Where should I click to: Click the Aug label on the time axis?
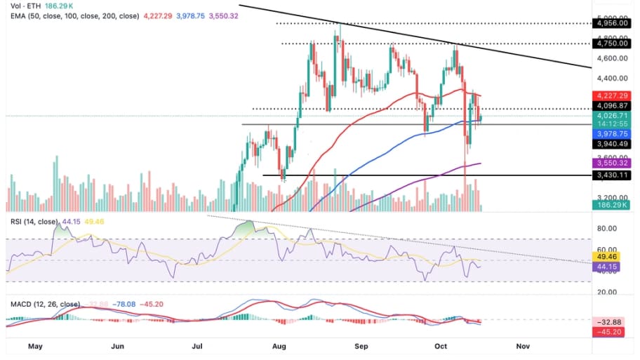tap(279, 346)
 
